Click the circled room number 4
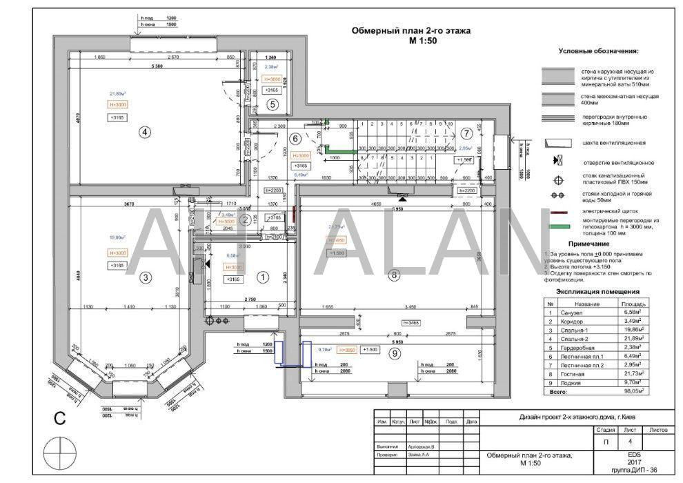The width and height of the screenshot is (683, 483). click(144, 133)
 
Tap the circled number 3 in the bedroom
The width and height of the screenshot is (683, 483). click(145, 278)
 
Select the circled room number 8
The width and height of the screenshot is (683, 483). click(394, 275)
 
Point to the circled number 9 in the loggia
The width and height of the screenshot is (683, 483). click(394, 353)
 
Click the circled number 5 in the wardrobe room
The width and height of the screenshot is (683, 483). click(273, 105)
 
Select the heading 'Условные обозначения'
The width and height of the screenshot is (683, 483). click(598, 52)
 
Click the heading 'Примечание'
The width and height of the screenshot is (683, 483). click(588, 244)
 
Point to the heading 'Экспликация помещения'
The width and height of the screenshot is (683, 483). click(598, 292)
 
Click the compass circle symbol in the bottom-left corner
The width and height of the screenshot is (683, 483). click(61, 454)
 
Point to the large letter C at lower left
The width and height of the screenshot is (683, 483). click(61, 417)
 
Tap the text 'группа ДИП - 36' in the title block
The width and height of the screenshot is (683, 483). click(634, 471)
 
